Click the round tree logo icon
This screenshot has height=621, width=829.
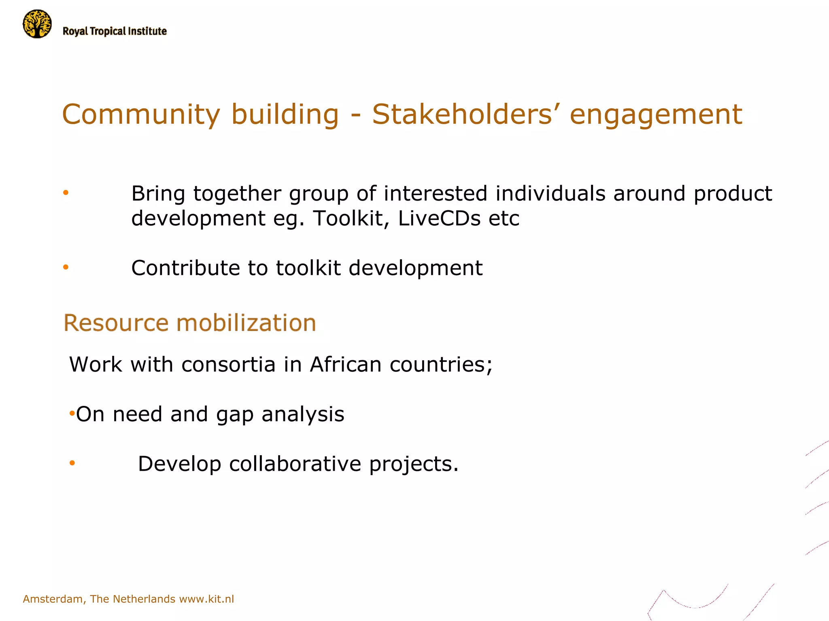click(x=37, y=24)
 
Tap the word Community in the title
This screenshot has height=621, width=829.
click(x=141, y=114)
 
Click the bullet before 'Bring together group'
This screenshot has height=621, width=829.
click(x=66, y=193)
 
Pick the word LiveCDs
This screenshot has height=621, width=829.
click(x=439, y=218)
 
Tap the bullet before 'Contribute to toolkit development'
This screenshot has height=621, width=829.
click(x=66, y=267)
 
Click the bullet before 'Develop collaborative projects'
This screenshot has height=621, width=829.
click(x=72, y=463)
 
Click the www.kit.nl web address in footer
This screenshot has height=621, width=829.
click(x=206, y=599)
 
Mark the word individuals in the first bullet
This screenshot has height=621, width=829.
click(x=550, y=193)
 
